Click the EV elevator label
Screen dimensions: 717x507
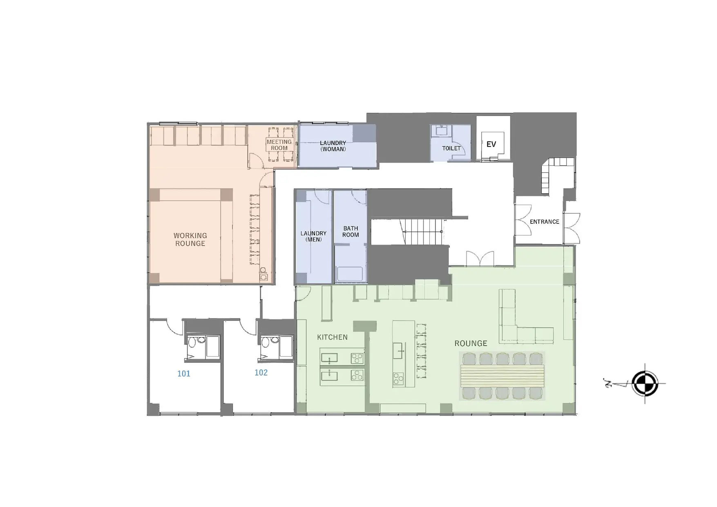tap(491, 144)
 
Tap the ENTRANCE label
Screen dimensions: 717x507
tap(544, 222)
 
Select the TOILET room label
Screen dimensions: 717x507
tap(451, 148)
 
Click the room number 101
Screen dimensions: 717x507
tap(184, 373)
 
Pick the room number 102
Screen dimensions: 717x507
tap(261, 373)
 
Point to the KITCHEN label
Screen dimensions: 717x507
tap(332, 337)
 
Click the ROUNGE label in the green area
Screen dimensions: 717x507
tap(471, 343)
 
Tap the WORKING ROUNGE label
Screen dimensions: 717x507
tap(190, 239)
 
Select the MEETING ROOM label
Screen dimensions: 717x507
tap(279, 145)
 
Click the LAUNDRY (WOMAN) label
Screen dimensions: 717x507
tap(333, 146)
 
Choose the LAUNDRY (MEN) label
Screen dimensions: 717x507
tap(313, 237)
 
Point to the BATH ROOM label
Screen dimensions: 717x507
tap(351, 232)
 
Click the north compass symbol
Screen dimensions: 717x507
tap(645, 384)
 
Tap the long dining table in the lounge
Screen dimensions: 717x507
tap(502, 376)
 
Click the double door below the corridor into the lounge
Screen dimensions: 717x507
tap(480, 259)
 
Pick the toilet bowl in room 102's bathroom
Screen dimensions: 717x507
tap(264, 342)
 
